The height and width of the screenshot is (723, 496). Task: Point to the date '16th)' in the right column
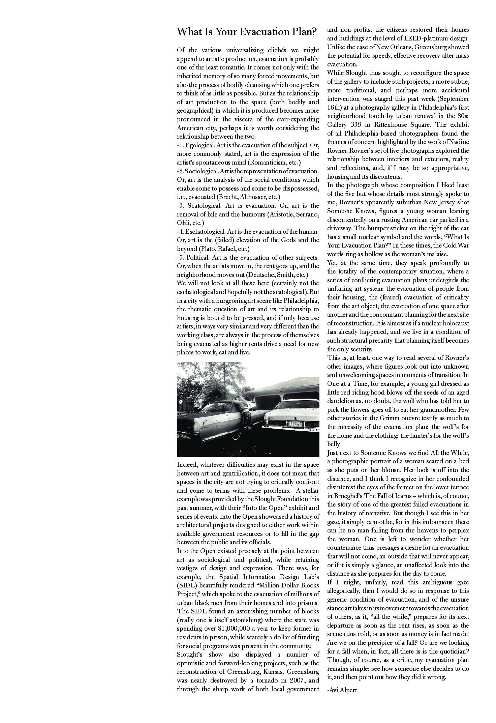336,108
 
